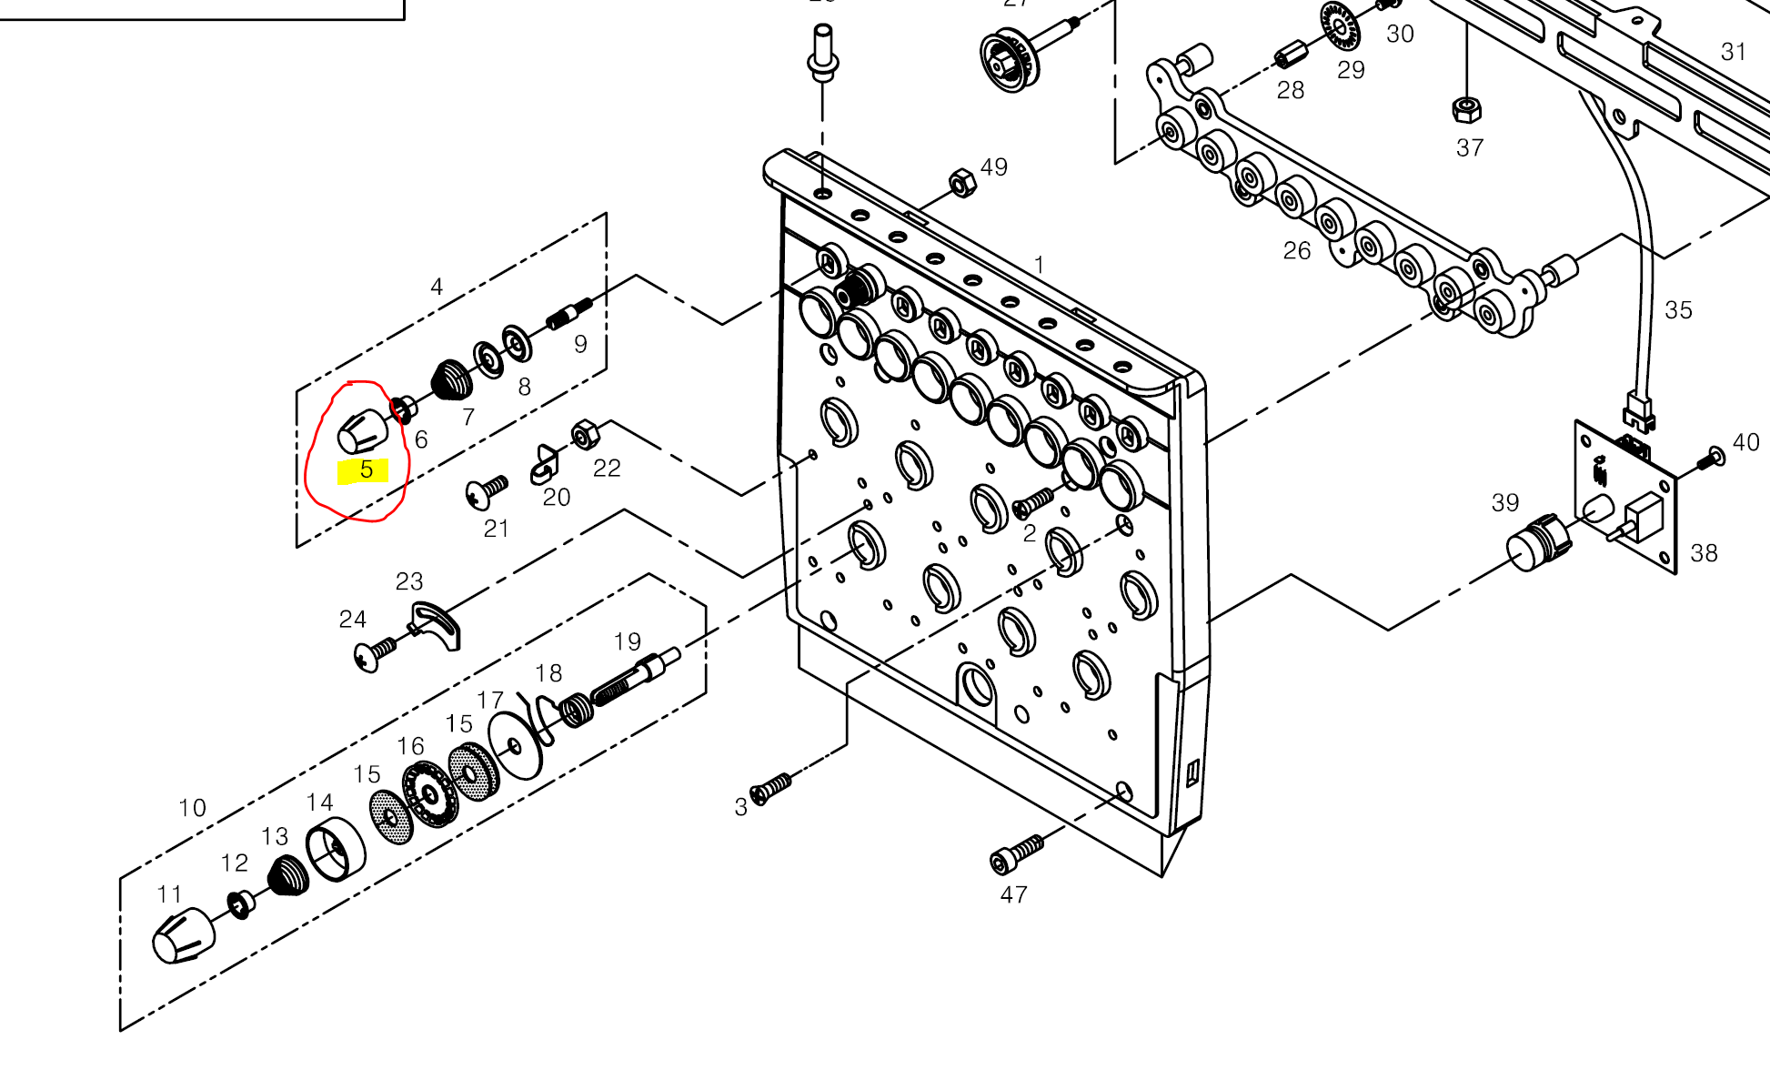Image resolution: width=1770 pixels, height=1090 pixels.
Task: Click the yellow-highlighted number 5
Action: [366, 470]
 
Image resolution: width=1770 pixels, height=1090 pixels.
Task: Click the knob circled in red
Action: [362, 431]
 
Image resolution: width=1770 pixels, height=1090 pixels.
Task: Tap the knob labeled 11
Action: [183, 935]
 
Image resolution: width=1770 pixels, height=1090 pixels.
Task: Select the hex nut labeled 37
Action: [1466, 110]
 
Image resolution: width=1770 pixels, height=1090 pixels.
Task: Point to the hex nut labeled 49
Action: [962, 184]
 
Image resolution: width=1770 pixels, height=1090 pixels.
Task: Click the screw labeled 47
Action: [1016, 854]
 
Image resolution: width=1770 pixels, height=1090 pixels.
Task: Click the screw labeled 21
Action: [487, 491]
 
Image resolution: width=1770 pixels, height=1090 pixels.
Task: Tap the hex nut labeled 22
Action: [584, 435]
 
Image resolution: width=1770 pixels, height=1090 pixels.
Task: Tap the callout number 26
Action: [1296, 251]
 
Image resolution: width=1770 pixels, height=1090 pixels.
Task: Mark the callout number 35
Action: [1678, 310]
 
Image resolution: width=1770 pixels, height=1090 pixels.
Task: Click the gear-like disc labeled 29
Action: [1339, 26]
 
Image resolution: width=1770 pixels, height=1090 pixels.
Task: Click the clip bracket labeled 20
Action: [545, 465]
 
